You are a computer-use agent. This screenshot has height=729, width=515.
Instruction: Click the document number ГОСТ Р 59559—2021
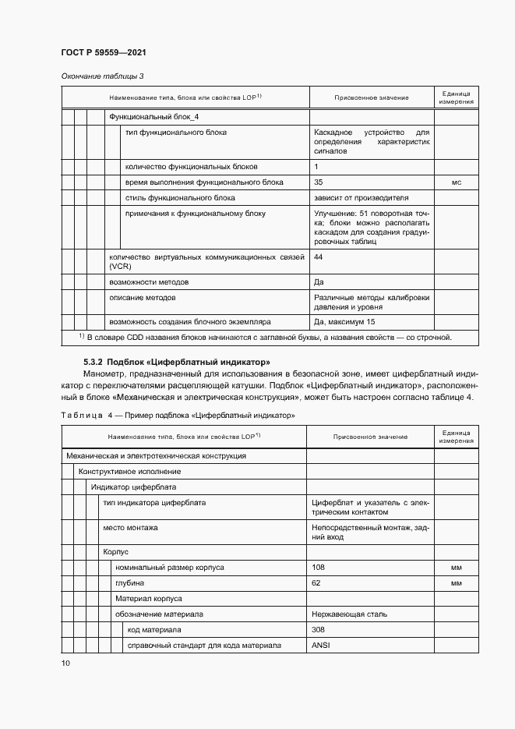[x=104, y=52]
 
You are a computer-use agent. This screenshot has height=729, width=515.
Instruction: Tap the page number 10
[x=65, y=663]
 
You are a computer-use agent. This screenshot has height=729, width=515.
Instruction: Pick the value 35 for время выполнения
[x=318, y=182]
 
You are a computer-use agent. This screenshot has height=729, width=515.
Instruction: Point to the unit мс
[x=457, y=182]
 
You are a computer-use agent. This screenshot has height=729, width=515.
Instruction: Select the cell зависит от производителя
[x=361, y=198]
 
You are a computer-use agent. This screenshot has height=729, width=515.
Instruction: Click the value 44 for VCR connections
[x=318, y=257]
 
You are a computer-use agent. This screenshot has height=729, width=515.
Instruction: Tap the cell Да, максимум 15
[x=344, y=321]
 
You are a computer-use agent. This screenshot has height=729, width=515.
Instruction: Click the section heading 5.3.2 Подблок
[x=177, y=363]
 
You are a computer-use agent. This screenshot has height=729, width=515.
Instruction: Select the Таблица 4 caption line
[x=178, y=416]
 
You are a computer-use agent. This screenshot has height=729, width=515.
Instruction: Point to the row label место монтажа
[x=130, y=528]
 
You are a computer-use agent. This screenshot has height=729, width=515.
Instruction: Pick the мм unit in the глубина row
[x=457, y=583]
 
